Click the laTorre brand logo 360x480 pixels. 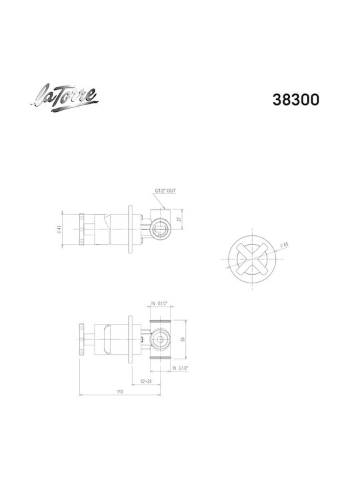pos(65,97)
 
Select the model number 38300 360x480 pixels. pos(296,100)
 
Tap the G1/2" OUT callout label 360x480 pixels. pos(165,191)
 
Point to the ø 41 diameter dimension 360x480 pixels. pos(59,229)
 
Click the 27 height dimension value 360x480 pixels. pos(180,219)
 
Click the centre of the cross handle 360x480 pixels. pos(252,259)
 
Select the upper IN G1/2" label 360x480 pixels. pos(159,304)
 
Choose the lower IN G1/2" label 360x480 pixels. pos(180,368)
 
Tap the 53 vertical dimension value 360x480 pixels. pos(183,339)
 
